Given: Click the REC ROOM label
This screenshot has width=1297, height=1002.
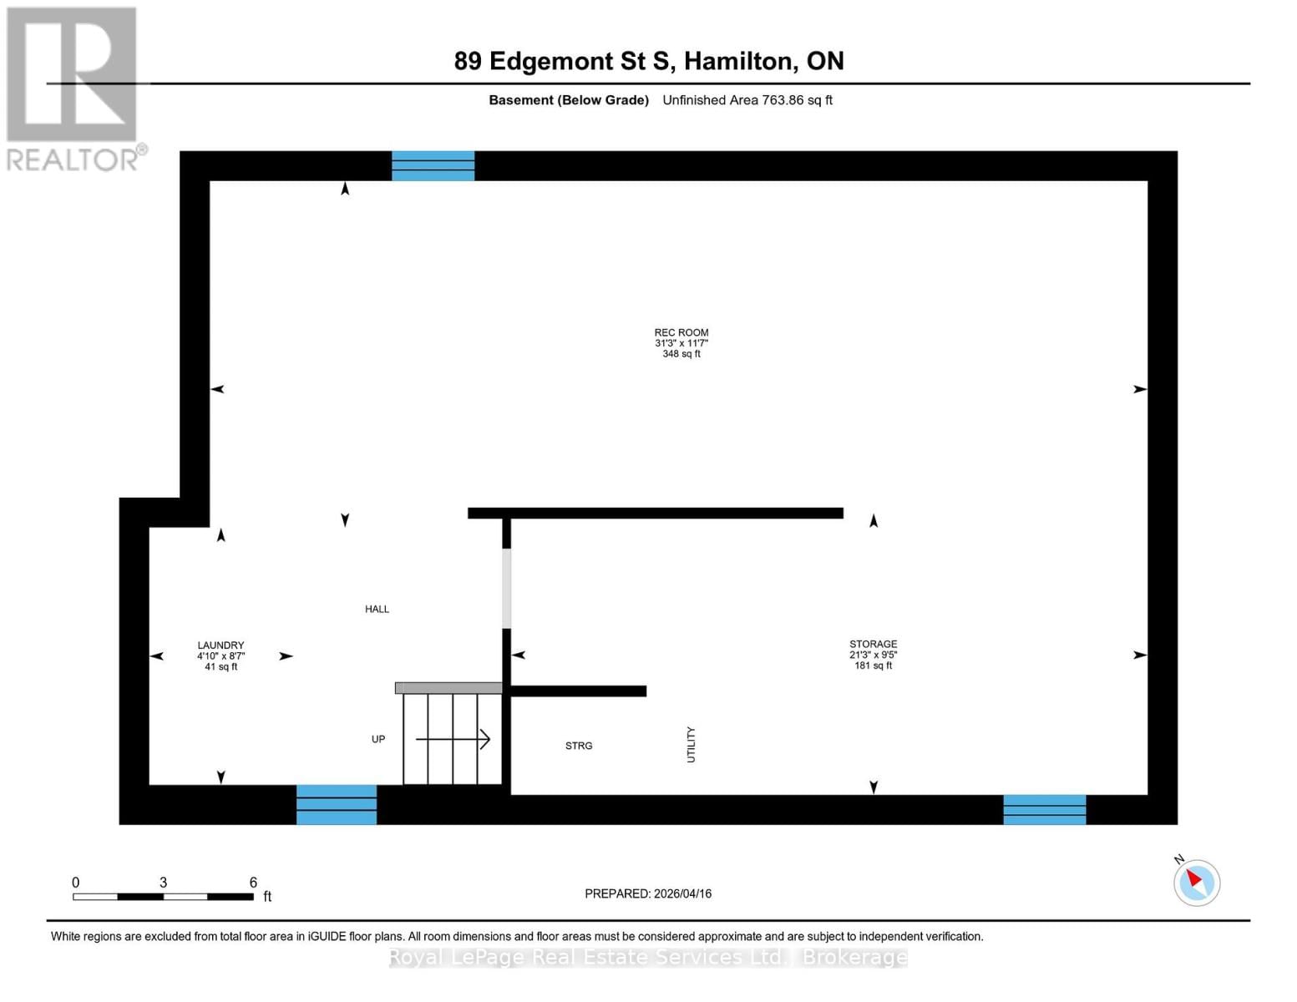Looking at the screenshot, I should pyautogui.click(x=681, y=332).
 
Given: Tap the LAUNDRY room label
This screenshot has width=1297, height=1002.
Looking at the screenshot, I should pyautogui.click(x=220, y=645).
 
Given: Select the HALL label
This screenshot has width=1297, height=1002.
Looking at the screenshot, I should pyautogui.click(x=377, y=610).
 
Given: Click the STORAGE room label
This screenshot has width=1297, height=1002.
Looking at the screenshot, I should pyautogui.click(x=873, y=644).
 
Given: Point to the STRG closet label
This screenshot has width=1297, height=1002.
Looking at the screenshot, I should pyautogui.click(x=578, y=746).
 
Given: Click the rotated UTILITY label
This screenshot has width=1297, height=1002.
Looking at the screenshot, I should pyautogui.click(x=691, y=744).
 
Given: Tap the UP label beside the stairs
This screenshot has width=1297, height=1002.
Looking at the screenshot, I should pyautogui.click(x=378, y=739).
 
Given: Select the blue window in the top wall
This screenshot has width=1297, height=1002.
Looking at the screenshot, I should pyautogui.click(x=433, y=165).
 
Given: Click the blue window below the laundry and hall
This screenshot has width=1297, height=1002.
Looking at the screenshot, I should pyautogui.click(x=337, y=804).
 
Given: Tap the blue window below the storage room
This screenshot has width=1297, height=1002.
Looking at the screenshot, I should pyautogui.click(x=1044, y=809).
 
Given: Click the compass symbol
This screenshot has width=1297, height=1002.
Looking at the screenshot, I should pyautogui.click(x=1196, y=882).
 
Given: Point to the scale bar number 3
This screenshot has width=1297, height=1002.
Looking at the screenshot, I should pyautogui.click(x=163, y=883).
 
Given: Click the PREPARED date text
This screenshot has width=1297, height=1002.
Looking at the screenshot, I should pyautogui.click(x=648, y=893).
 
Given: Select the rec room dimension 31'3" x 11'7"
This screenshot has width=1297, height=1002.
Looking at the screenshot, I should pyautogui.click(x=681, y=343).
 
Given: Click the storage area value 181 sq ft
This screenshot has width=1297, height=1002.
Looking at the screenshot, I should pyautogui.click(x=873, y=665).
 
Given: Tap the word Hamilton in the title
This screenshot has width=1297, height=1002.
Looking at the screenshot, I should pyautogui.click(x=739, y=61).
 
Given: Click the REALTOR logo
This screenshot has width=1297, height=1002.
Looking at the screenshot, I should pyautogui.click(x=73, y=88).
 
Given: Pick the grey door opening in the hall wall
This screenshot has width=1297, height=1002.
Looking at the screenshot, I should pyautogui.click(x=506, y=589).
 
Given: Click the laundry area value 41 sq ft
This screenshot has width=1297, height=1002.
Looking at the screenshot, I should pyautogui.click(x=220, y=667).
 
